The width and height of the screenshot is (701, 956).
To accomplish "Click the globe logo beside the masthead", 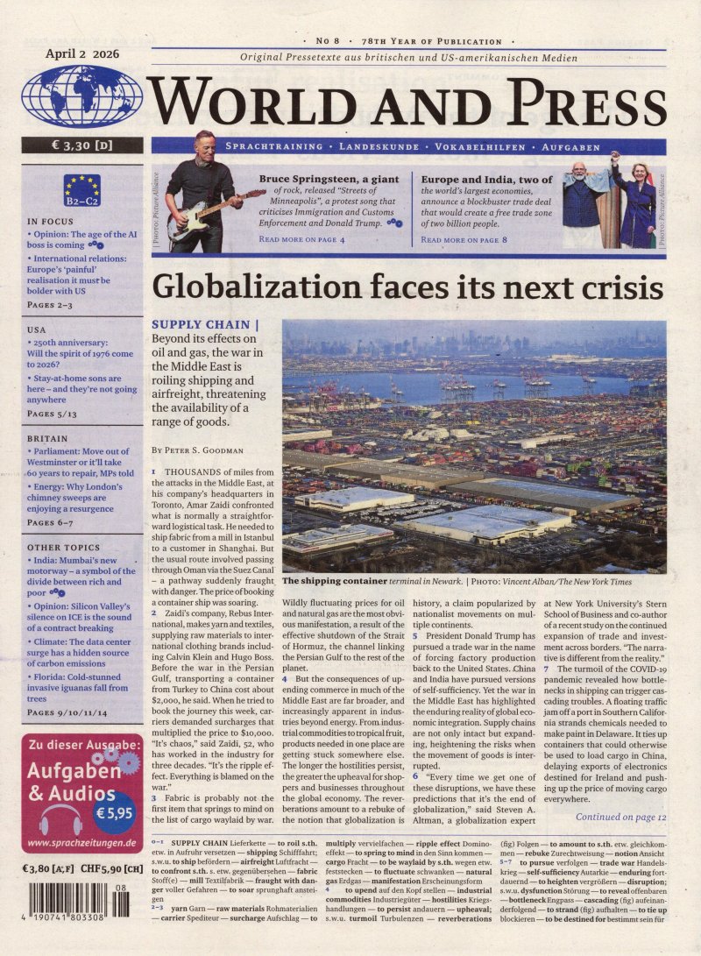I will tap(81, 96).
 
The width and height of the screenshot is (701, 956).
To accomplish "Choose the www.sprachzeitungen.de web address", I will tap(81, 843).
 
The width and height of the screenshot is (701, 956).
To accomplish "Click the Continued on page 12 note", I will tap(620, 817).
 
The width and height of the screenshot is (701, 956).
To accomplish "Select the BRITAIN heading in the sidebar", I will tap(47, 438).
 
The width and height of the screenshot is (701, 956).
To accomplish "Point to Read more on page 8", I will tap(464, 239).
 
